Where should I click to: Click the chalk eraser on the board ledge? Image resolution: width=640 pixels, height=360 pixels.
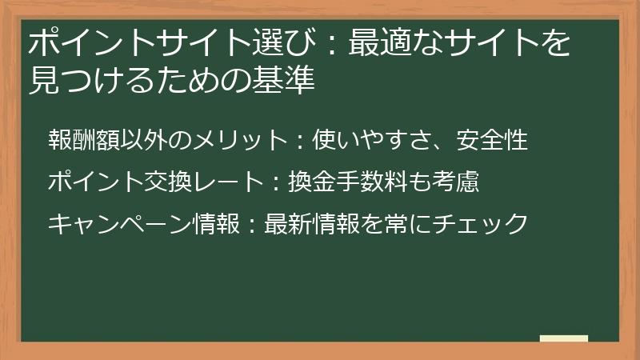563,338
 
